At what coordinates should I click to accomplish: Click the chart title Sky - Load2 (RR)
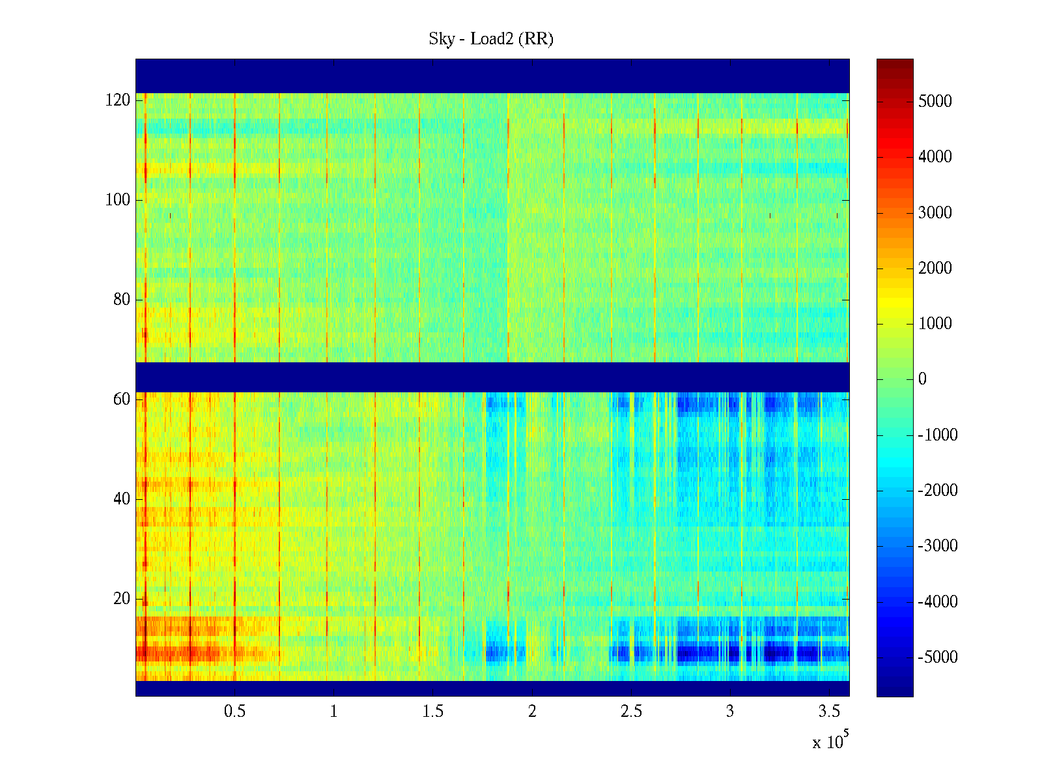[491, 39]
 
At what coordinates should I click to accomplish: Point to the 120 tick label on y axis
[118, 100]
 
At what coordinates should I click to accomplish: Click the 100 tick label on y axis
[118, 200]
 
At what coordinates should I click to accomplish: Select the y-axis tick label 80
[122, 300]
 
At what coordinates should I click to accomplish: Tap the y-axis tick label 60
[122, 399]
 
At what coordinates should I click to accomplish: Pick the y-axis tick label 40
[122, 499]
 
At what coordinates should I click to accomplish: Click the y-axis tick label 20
[122, 599]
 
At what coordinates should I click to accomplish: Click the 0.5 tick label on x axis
[234, 712]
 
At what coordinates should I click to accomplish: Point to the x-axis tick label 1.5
[432, 712]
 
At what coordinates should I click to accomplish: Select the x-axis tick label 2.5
[631, 712]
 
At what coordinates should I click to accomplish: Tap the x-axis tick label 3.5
[829, 712]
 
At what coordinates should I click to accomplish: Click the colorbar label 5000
[935, 102]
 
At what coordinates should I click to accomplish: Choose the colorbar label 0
[922, 379]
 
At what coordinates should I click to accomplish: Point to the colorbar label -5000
[938, 657]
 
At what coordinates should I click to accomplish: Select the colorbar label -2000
[938, 491]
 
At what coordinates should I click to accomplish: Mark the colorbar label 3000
[935, 213]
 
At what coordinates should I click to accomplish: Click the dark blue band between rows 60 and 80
[492, 377]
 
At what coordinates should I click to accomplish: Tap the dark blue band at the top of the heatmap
[492, 76]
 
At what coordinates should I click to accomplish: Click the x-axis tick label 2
[532, 712]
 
